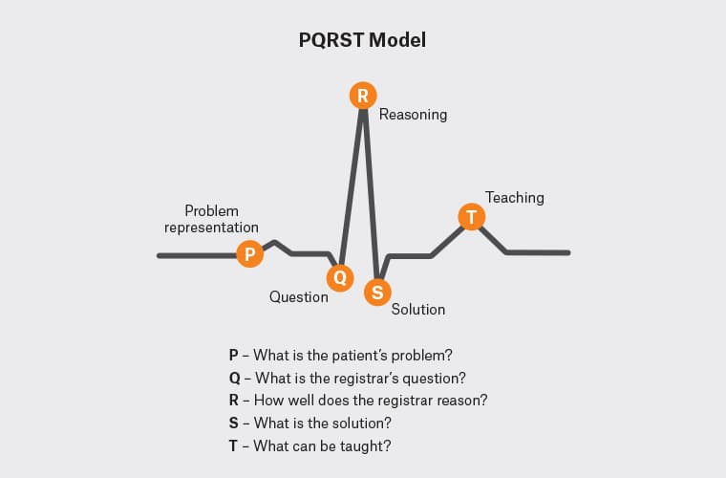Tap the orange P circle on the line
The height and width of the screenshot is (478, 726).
[x=249, y=253]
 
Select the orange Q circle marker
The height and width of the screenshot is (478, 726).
[x=339, y=277]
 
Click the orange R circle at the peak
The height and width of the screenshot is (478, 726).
[x=362, y=95]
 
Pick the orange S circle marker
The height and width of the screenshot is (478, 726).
[x=377, y=293]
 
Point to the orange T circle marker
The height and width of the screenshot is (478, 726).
[x=470, y=216]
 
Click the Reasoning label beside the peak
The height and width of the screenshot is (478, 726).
[x=413, y=115]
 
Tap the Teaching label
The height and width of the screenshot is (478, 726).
[x=514, y=198]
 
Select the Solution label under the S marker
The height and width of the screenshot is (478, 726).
[x=418, y=309]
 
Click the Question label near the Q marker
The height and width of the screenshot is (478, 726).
[x=298, y=296]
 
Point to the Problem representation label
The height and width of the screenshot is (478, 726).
[x=211, y=219]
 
